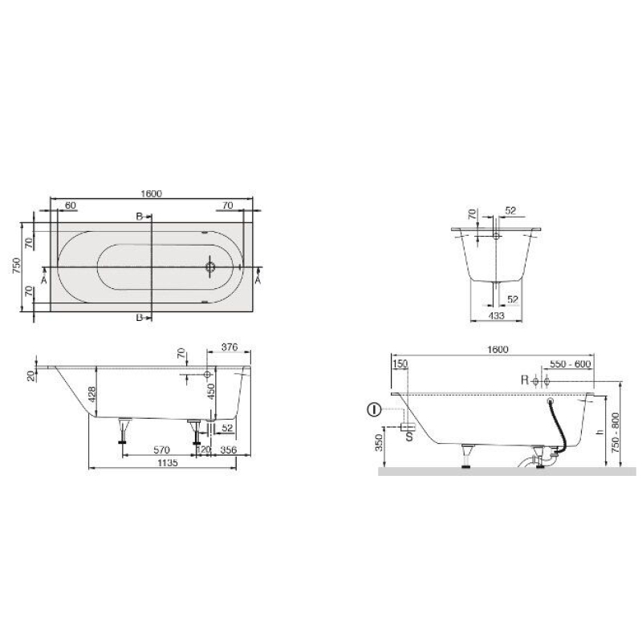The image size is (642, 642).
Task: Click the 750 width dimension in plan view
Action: pos(16,266)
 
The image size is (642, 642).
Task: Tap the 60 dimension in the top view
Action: pos(71,205)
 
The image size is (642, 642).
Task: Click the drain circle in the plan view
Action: pos(210,267)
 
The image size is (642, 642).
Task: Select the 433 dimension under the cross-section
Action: pos(496,315)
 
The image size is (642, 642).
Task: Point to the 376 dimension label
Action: pos(230,347)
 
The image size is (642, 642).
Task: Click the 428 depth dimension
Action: pos(91,393)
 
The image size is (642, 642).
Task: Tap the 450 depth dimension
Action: pos(210,391)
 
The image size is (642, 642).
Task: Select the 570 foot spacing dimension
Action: pos(161,450)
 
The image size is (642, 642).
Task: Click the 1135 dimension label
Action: pos(168,463)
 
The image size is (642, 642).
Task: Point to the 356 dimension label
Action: pos(229,450)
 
